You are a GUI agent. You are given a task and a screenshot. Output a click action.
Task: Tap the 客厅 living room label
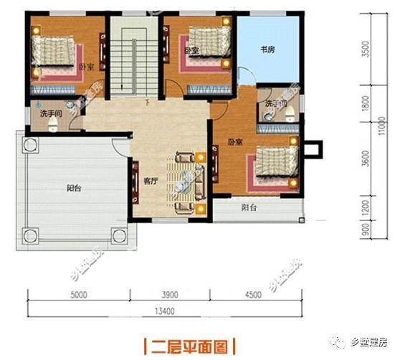150,181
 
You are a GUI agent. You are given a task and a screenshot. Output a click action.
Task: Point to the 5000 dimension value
78,294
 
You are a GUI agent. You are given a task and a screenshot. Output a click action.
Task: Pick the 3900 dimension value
171,294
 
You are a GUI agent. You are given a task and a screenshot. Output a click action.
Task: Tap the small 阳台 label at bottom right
249,208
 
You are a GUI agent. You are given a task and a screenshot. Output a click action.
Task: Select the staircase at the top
131,57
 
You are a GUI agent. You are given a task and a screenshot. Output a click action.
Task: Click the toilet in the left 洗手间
53,124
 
